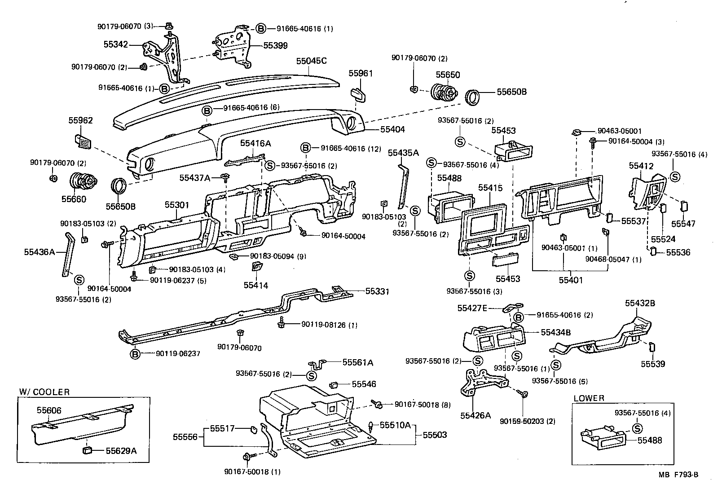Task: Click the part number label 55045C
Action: [x=312, y=61]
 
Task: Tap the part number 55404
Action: [x=392, y=129]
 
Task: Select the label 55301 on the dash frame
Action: [x=176, y=205]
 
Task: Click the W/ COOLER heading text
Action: [x=44, y=392]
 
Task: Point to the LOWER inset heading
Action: [x=589, y=398]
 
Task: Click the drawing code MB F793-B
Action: [x=678, y=475]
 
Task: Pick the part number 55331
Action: [x=377, y=291]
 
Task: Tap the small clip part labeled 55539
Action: [x=652, y=347]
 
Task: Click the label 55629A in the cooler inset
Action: [x=121, y=450]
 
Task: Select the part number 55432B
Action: [x=640, y=304]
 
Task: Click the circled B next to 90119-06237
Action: [x=135, y=354]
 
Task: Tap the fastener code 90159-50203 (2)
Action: [x=527, y=421]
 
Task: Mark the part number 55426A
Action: [x=475, y=415]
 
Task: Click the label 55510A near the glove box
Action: [x=395, y=425]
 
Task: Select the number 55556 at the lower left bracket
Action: [x=185, y=436]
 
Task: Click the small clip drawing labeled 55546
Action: [x=335, y=385]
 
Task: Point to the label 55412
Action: [x=641, y=166]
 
